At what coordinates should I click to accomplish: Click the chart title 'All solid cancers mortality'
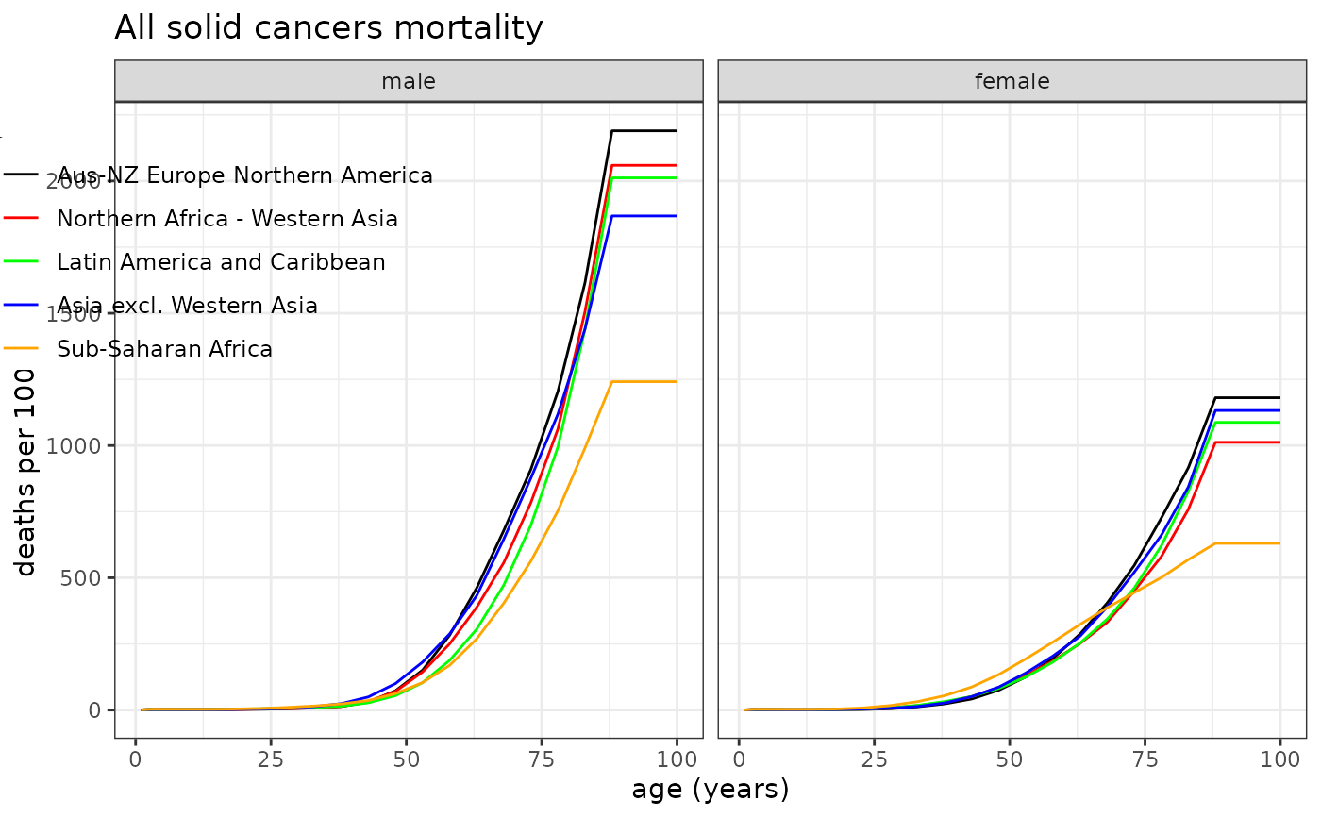328,28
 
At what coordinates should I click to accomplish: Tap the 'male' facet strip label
409,82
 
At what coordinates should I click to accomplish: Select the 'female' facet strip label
1012,82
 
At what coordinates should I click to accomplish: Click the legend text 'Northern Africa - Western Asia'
227,219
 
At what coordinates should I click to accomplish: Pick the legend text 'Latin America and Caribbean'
221,262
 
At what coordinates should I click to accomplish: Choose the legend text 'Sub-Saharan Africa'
165,349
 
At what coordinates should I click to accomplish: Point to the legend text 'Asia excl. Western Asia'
187,306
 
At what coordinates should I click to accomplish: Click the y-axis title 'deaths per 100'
26,472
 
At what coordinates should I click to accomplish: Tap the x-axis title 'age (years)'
711,789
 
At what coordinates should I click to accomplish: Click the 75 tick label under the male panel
542,759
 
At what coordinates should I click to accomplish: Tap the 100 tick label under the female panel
1279,759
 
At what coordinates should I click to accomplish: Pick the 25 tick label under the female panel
874,759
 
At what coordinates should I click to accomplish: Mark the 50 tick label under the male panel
407,759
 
